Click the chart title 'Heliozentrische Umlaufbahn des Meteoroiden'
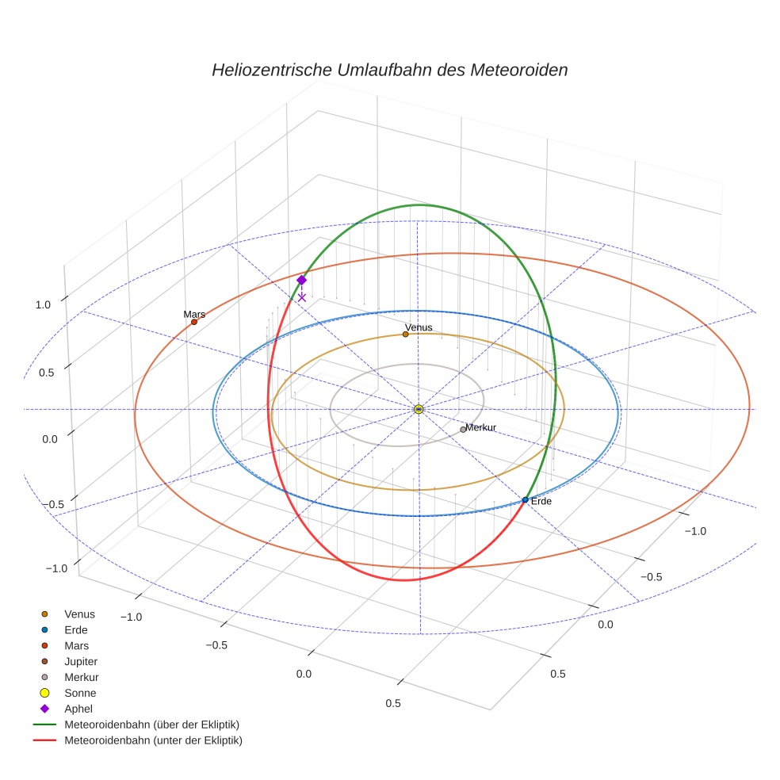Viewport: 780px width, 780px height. click(389, 70)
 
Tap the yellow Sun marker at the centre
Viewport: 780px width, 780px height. click(419, 409)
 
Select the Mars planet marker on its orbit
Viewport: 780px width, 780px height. click(194, 321)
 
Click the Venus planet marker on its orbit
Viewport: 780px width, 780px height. click(405, 334)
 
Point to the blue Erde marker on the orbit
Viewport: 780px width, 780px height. click(526, 499)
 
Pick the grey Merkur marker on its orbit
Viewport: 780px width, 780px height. click(463, 429)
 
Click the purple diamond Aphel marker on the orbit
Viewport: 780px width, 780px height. click(301, 280)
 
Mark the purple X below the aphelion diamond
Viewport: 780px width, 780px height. click(301, 297)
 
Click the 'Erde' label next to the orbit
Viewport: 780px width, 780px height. click(541, 502)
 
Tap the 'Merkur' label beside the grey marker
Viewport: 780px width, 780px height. click(481, 427)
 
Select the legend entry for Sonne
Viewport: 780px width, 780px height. click(80, 693)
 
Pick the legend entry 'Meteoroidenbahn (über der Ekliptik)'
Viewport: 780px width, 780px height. click(151, 725)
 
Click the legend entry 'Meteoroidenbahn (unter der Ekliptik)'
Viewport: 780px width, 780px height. click(153, 740)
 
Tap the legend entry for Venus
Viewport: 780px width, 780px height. click(79, 614)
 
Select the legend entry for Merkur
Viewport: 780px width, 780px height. click(82, 677)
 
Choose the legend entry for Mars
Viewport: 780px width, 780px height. click(77, 645)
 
